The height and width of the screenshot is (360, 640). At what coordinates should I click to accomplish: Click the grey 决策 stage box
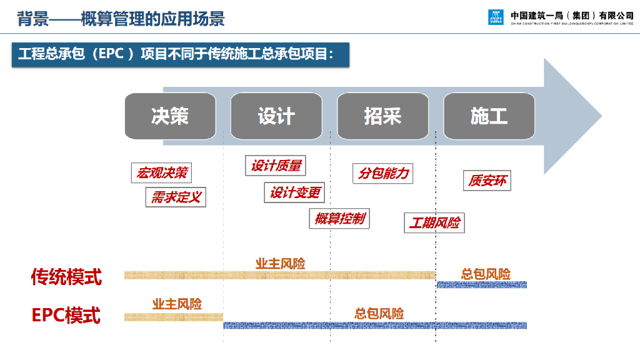tap(170, 116)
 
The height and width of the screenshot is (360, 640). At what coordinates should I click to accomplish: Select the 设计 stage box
tap(276, 116)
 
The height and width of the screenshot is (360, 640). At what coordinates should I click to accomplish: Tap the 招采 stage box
tap(382, 116)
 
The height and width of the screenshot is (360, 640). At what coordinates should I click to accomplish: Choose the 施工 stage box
tap(489, 116)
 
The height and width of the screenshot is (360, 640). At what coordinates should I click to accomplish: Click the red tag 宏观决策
tap(162, 173)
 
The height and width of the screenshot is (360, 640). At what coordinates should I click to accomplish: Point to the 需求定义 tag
tap(176, 198)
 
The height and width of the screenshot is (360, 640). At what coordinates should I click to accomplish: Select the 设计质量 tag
tap(276, 166)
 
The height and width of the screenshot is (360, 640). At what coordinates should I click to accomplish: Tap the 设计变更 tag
tap(294, 193)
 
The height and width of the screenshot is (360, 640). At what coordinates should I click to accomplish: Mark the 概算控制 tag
tap(339, 219)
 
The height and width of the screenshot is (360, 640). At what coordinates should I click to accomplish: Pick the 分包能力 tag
tap(383, 173)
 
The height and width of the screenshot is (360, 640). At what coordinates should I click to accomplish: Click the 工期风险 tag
tap(434, 222)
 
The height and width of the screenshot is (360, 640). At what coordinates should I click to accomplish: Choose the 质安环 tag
tap(487, 181)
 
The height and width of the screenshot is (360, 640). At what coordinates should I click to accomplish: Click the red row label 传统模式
tap(66, 276)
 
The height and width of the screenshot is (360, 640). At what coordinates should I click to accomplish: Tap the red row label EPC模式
tap(66, 316)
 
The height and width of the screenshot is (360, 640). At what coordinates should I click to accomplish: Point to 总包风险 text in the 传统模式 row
tap(486, 274)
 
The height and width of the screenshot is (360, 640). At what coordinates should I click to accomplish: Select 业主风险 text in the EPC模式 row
tap(177, 304)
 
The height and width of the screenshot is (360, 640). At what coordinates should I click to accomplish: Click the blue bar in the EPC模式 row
tap(375, 325)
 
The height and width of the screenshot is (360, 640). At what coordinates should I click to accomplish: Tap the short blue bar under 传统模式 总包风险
tap(481, 285)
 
